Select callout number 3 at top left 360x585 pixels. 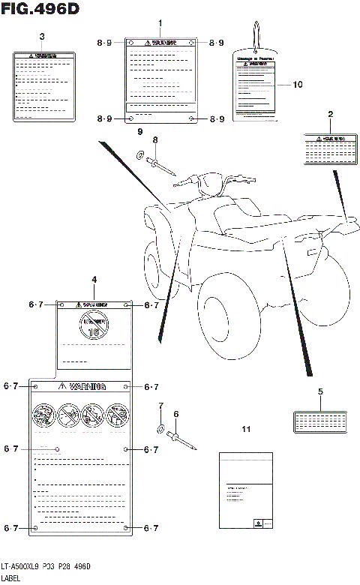coord(41,37)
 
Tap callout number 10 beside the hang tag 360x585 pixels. coord(298,85)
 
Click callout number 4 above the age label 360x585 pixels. coord(94,280)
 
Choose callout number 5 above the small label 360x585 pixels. coord(320,391)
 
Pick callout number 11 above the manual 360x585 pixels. coord(245,429)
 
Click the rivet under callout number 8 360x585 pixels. coord(160,164)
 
